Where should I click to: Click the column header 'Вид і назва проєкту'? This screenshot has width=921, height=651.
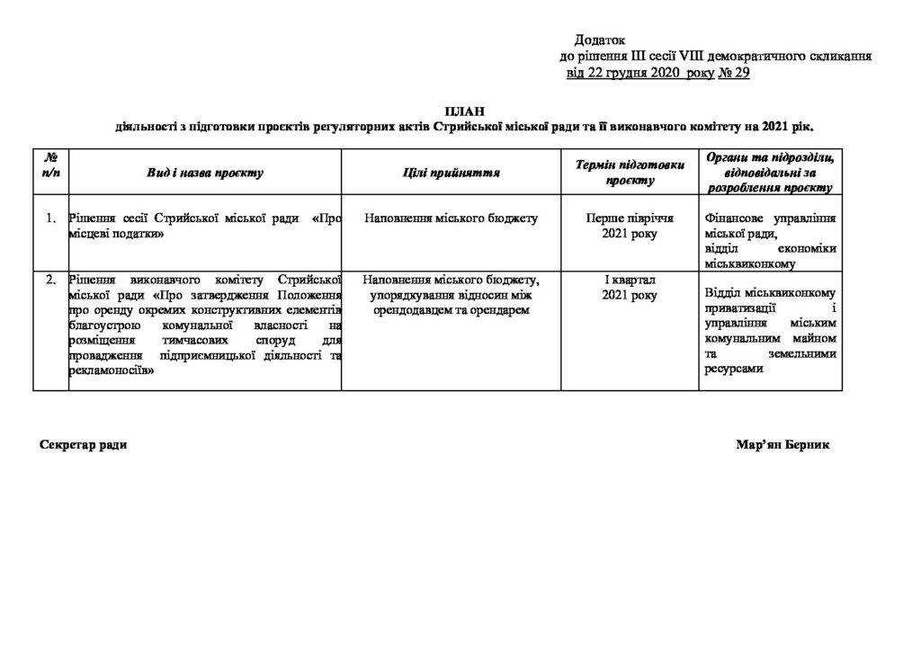(x=205, y=173)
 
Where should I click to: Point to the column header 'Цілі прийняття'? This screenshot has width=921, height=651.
(x=452, y=173)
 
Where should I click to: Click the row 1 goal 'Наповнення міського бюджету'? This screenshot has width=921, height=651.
(x=452, y=218)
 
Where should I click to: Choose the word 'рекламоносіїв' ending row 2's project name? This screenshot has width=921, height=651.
(x=110, y=370)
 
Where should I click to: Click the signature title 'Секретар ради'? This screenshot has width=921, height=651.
(x=85, y=445)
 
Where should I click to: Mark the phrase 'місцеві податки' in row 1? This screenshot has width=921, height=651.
(x=116, y=233)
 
